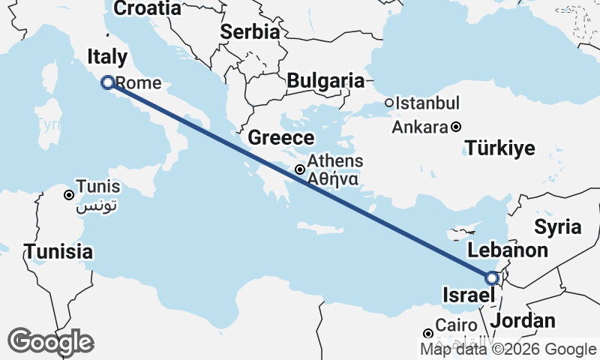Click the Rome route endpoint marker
point(107,82)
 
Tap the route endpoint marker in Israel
point(492,278)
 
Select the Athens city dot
point(299,169)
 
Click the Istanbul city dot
point(389,103)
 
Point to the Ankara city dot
point(455,127)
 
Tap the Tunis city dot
point(68,195)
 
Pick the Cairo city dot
point(427,333)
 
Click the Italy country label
point(107,57)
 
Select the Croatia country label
point(147,9)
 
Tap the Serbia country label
point(250,32)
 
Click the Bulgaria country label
point(325,81)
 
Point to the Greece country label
point(281,138)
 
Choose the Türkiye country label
point(500,148)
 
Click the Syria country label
point(557,226)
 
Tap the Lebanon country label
point(508,250)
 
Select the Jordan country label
point(526,321)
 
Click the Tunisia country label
point(58,251)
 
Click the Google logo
point(50,342)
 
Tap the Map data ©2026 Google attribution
point(508,349)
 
